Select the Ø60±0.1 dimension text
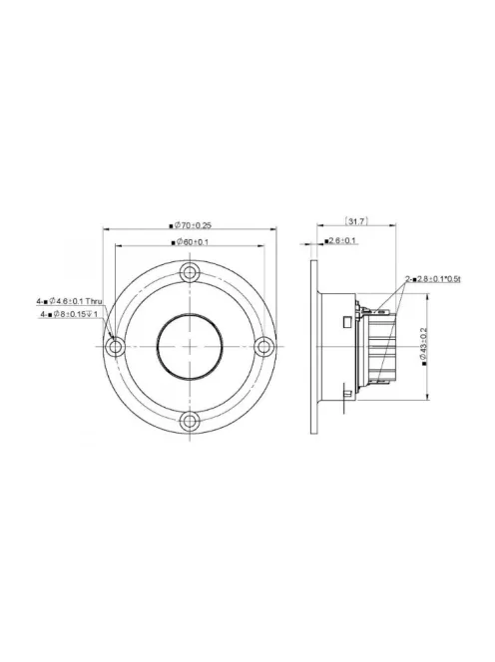[192, 242]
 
